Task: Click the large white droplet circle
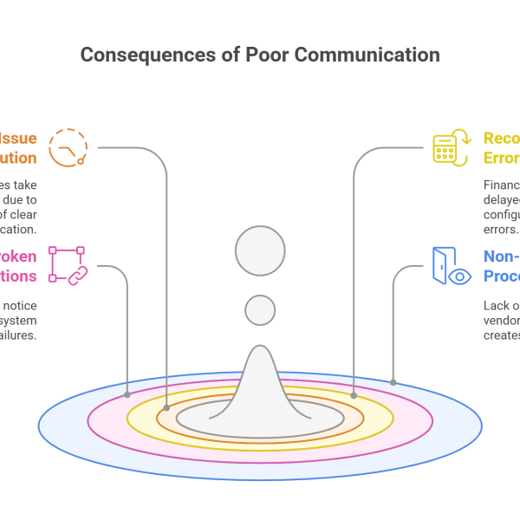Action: tap(260, 251)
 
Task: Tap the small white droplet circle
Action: tap(260, 310)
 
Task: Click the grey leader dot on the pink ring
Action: tap(127, 395)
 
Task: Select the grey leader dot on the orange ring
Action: tap(166, 406)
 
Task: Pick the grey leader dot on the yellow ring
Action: tap(354, 395)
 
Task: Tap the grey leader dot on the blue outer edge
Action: tap(393, 381)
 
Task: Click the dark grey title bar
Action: tap(260, 58)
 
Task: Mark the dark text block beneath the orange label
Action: tap(26, 212)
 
